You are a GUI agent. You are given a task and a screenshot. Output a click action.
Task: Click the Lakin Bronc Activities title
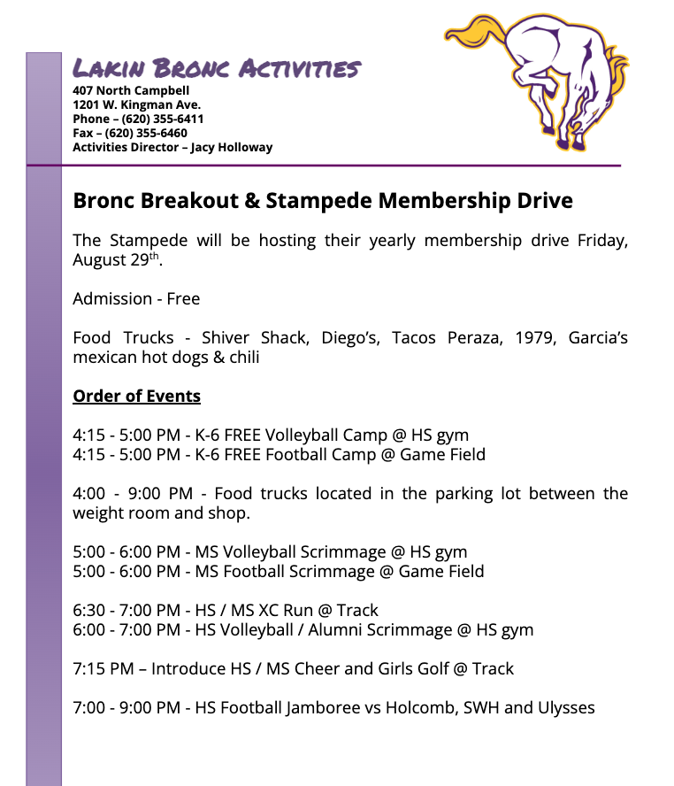[217, 68]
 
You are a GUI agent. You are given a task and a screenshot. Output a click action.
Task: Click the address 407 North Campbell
[131, 90]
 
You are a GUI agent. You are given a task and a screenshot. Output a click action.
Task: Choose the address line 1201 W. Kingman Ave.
[136, 104]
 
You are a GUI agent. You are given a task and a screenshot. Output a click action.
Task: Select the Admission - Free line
[136, 299]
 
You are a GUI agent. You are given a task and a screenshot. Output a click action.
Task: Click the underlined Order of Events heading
[136, 396]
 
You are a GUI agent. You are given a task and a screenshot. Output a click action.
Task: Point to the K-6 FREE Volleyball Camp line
[271, 435]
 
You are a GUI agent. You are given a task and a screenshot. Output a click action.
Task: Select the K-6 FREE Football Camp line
[279, 455]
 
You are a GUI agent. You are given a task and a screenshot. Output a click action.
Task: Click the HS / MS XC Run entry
[282, 611]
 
